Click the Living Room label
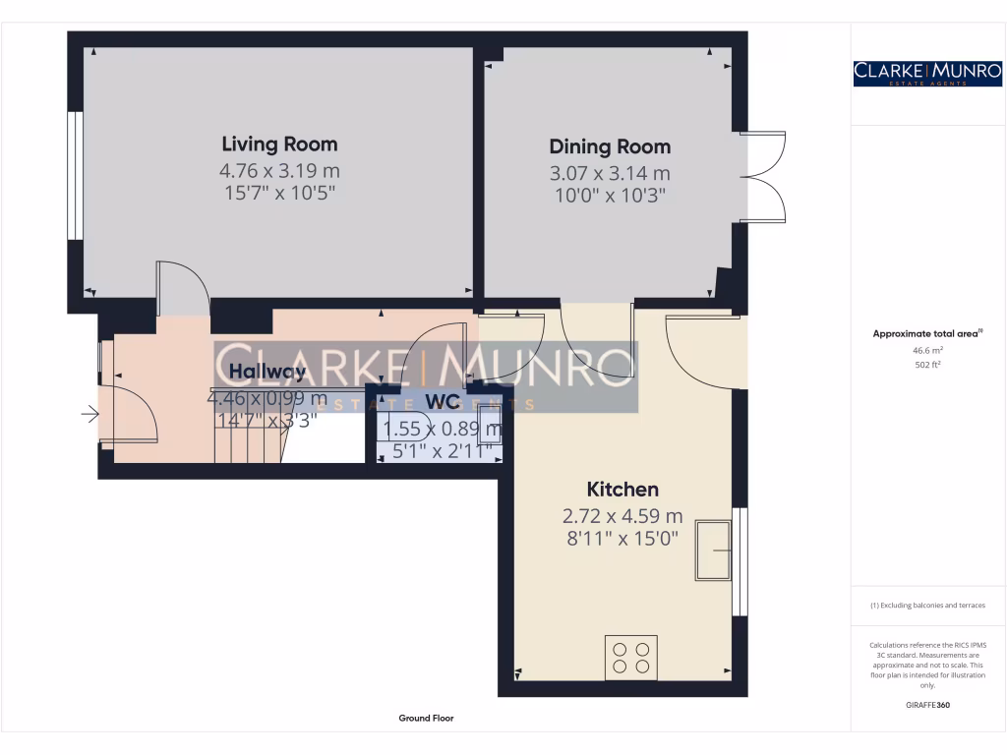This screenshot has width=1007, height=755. (x=279, y=144)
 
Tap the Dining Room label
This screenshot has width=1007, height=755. (x=610, y=147)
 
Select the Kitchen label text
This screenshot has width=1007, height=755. (x=622, y=490)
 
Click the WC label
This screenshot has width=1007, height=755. (x=443, y=401)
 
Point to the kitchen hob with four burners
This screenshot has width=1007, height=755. (x=630, y=657)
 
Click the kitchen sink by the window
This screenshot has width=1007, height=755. (x=714, y=550)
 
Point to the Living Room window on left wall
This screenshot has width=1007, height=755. (x=74, y=175)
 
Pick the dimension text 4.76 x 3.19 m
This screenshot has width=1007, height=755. (x=279, y=171)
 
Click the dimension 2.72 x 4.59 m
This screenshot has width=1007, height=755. (x=622, y=515)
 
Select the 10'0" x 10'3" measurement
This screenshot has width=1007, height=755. (x=610, y=195)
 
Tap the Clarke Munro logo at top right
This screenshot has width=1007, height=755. (x=927, y=73)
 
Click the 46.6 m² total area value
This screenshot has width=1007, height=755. (x=927, y=349)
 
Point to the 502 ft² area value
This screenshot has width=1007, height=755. (x=927, y=364)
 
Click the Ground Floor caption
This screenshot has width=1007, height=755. (x=426, y=719)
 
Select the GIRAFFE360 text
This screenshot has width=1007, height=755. (x=927, y=705)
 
